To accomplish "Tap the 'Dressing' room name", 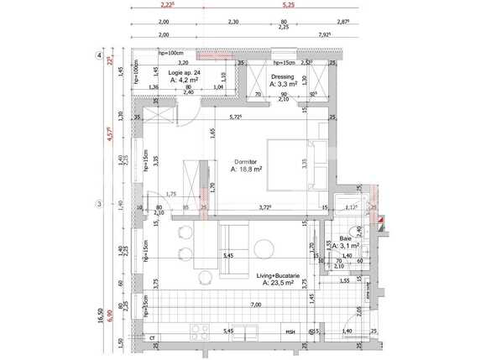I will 281,76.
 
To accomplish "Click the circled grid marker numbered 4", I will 100,56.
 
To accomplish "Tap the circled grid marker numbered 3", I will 99,204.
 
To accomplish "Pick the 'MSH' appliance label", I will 290,332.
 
